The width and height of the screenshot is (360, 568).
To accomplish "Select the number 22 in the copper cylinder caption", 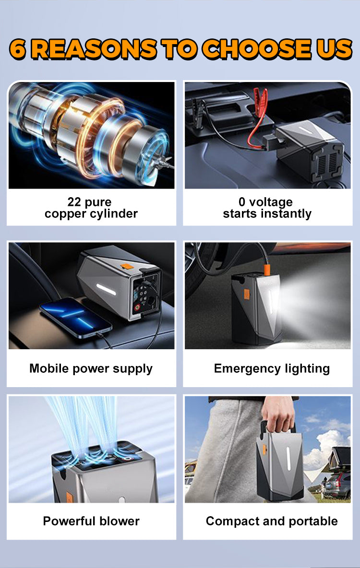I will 75,202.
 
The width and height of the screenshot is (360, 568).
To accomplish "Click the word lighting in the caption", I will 305,369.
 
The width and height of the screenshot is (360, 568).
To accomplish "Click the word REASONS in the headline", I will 94,49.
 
